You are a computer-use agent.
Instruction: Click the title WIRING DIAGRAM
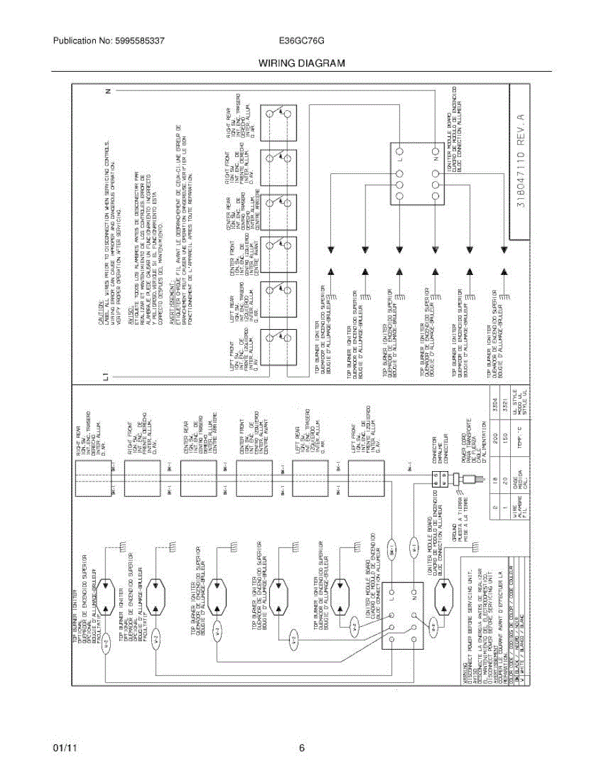click(301, 63)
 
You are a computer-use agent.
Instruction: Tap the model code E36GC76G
click(302, 40)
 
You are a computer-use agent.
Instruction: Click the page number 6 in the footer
click(302, 749)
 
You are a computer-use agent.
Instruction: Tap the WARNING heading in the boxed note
click(465, 671)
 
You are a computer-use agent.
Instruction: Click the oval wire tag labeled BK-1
click(391, 551)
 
